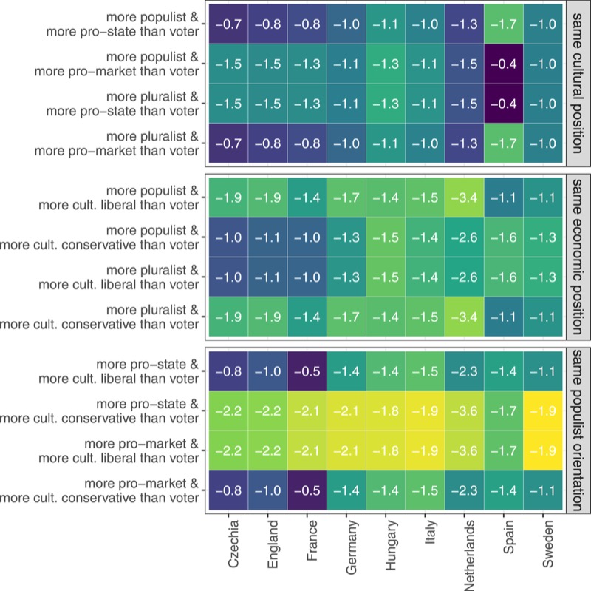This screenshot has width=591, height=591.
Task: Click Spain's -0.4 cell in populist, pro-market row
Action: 508,63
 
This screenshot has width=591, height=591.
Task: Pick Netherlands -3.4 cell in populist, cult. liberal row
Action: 468,198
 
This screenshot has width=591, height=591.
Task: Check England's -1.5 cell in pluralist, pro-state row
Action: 268,104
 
